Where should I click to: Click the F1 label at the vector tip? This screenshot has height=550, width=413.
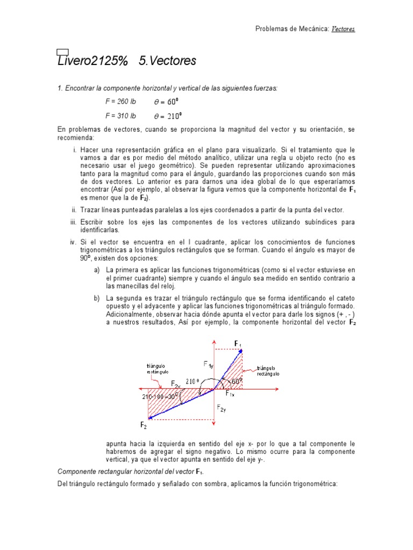[x=238, y=344]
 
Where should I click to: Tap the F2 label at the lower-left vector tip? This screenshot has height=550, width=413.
[x=144, y=425]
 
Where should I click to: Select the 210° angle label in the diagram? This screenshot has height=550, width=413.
[x=193, y=381]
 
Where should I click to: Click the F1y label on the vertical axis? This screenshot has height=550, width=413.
[x=208, y=365]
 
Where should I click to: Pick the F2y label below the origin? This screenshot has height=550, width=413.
[x=222, y=408]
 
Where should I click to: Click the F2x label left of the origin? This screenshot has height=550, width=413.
[x=176, y=383]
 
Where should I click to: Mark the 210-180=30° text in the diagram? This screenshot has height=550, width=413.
[x=160, y=396]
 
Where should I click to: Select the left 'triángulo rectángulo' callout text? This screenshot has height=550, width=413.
[x=156, y=368]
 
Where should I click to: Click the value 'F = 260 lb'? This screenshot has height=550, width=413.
[x=120, y=101]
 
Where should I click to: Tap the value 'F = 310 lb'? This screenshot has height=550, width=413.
[x=120, y=115]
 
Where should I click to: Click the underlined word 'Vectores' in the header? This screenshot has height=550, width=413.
[x=343, y=28]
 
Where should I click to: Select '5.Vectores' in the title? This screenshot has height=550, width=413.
[x=167, y=61]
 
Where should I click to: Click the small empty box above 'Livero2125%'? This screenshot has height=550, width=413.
[x=62, y=52]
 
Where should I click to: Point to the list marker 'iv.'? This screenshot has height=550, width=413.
[x=74, y=242]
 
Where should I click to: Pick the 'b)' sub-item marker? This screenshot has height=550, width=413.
[x=97, y=298]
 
